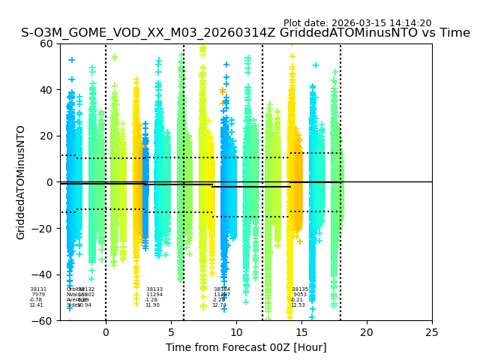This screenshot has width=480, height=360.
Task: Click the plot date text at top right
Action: (357, 23)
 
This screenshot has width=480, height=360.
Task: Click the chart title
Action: (245, 33)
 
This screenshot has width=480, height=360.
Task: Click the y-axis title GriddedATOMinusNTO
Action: (21, 182)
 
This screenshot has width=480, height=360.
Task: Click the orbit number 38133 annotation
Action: (154, 289)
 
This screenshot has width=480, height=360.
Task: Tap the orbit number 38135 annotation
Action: (300, 289)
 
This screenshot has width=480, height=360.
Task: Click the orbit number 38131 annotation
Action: (38, 289)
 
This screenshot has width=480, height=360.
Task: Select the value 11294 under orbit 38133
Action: (154, 295)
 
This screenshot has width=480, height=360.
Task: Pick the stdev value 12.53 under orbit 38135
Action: (298, 305)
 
